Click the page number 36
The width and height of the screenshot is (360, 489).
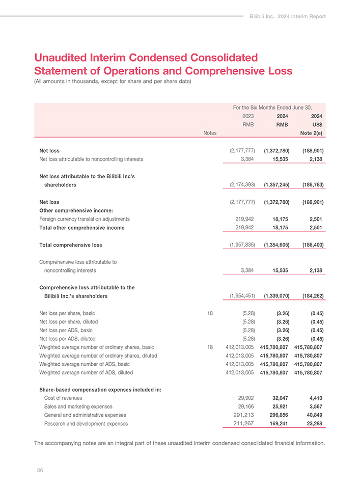pyautogui.click(x=39, y=470)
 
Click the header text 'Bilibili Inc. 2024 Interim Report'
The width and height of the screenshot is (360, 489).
pyautogui.click(x=288, y=16)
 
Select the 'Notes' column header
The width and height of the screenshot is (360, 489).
pyautogui.click(x=210, y=133)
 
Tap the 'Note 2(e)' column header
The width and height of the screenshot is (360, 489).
pyautogui.click(x=312, y=133)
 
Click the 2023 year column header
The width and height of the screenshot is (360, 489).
pyautogui.click(x=248, y=116)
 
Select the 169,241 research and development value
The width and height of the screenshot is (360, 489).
pyautogui.click(x=279, y=423)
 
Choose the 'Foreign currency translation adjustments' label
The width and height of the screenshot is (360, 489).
pyautogui.click(x=84, y=219)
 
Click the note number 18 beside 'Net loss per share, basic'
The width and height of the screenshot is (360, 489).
pyautogui.click(x=210, y=313)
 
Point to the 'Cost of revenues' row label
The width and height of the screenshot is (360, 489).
pyautogui.click(x=63, y=398)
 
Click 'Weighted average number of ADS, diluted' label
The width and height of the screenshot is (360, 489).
pyautogui.click(x=86, y=372)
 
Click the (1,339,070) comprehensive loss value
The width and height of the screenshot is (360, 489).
pyautogui.click(x=276, y=296)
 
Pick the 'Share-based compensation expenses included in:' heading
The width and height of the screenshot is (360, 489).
pyautogui.click(x=100, y=390)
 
